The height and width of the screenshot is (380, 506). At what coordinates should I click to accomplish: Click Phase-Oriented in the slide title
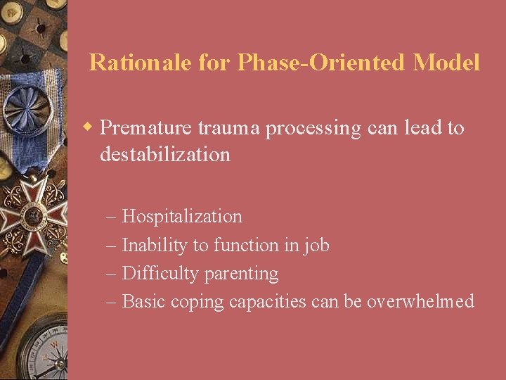click(323, 63)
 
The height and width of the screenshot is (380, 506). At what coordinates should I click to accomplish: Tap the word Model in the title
click(447, 63)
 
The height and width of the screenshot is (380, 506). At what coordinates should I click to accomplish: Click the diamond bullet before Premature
click(89, 127)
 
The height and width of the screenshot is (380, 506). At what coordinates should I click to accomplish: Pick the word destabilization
click(165, 154)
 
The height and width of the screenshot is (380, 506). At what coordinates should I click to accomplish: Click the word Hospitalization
click(182, 217)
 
